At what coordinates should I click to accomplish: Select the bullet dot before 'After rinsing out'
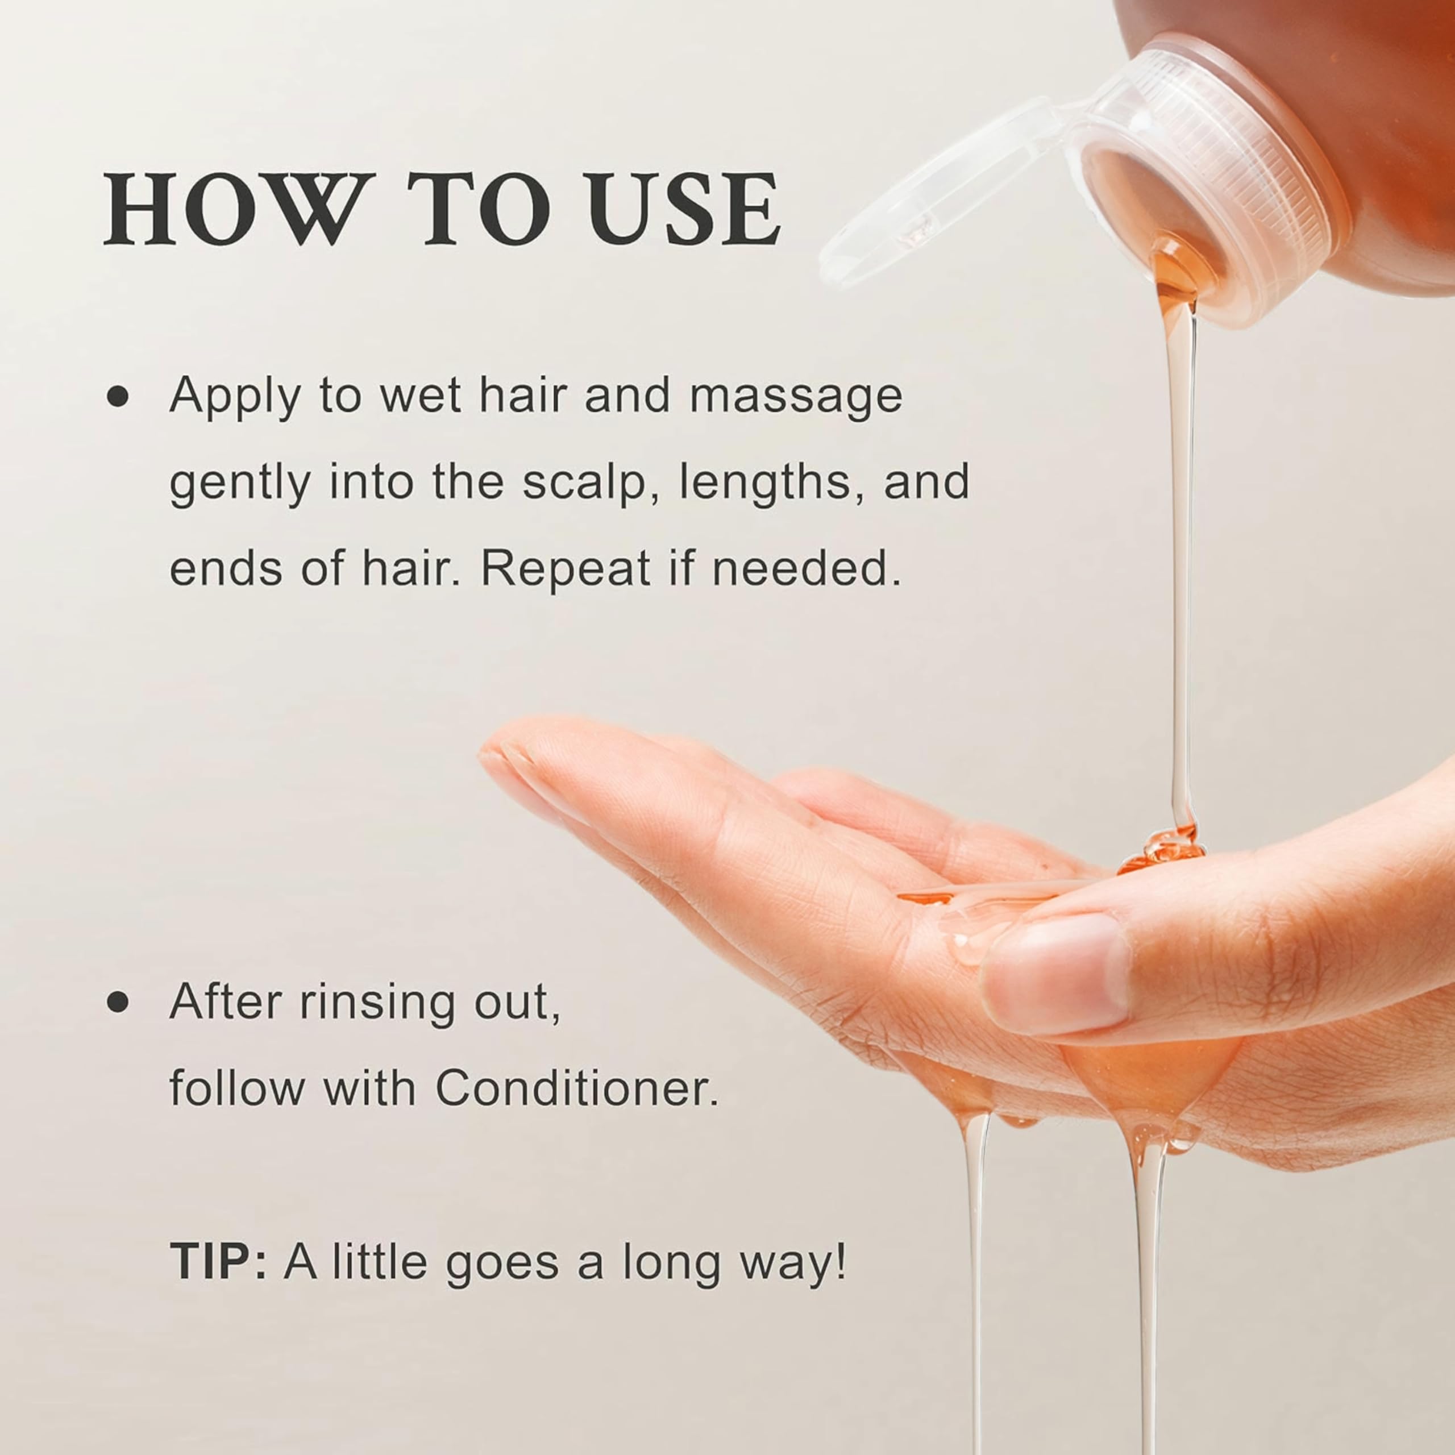[x=118, y=1003]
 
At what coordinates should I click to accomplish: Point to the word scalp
[x=584, y=482]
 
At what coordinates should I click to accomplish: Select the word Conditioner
[x=577, y=1088]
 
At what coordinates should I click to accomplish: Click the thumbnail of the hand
[x=1058, y=976]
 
